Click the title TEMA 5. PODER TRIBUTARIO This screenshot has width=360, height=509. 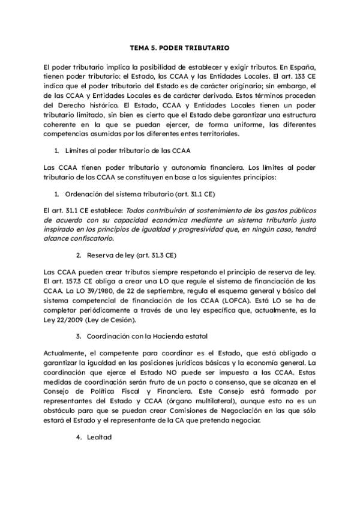179,46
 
